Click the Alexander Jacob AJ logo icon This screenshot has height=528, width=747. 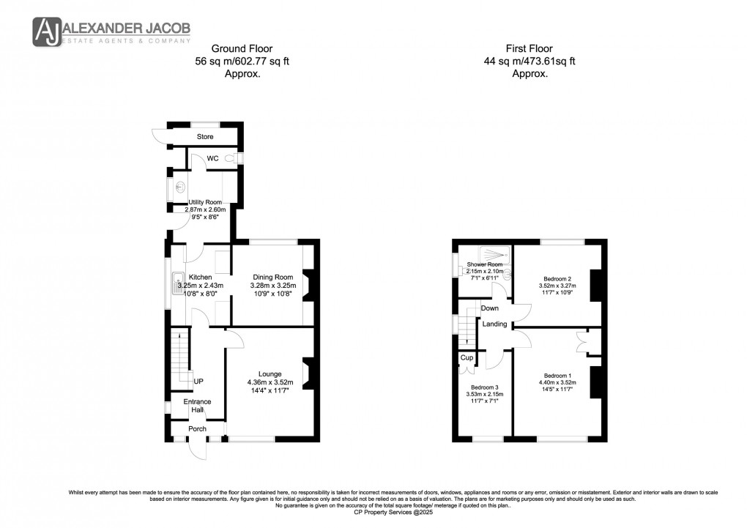click(x=48, y=31)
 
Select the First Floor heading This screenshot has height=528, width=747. click(x=529, y=48)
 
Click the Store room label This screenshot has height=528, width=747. click(x=205, y=137)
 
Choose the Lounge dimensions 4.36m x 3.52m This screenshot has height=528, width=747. click(x=271, y=382)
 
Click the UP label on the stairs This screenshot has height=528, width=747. click(x=198, y=382)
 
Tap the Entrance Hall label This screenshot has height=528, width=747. click(x=197, y=406)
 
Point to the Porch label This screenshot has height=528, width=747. click(x=197, y=428)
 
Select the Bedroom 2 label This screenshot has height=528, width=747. click(x=557, y=278)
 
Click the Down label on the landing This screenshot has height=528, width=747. click(x=489, y=308)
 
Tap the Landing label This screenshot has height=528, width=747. click(x=494, y=324)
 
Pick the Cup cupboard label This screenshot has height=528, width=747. click(x=466, y=357)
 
